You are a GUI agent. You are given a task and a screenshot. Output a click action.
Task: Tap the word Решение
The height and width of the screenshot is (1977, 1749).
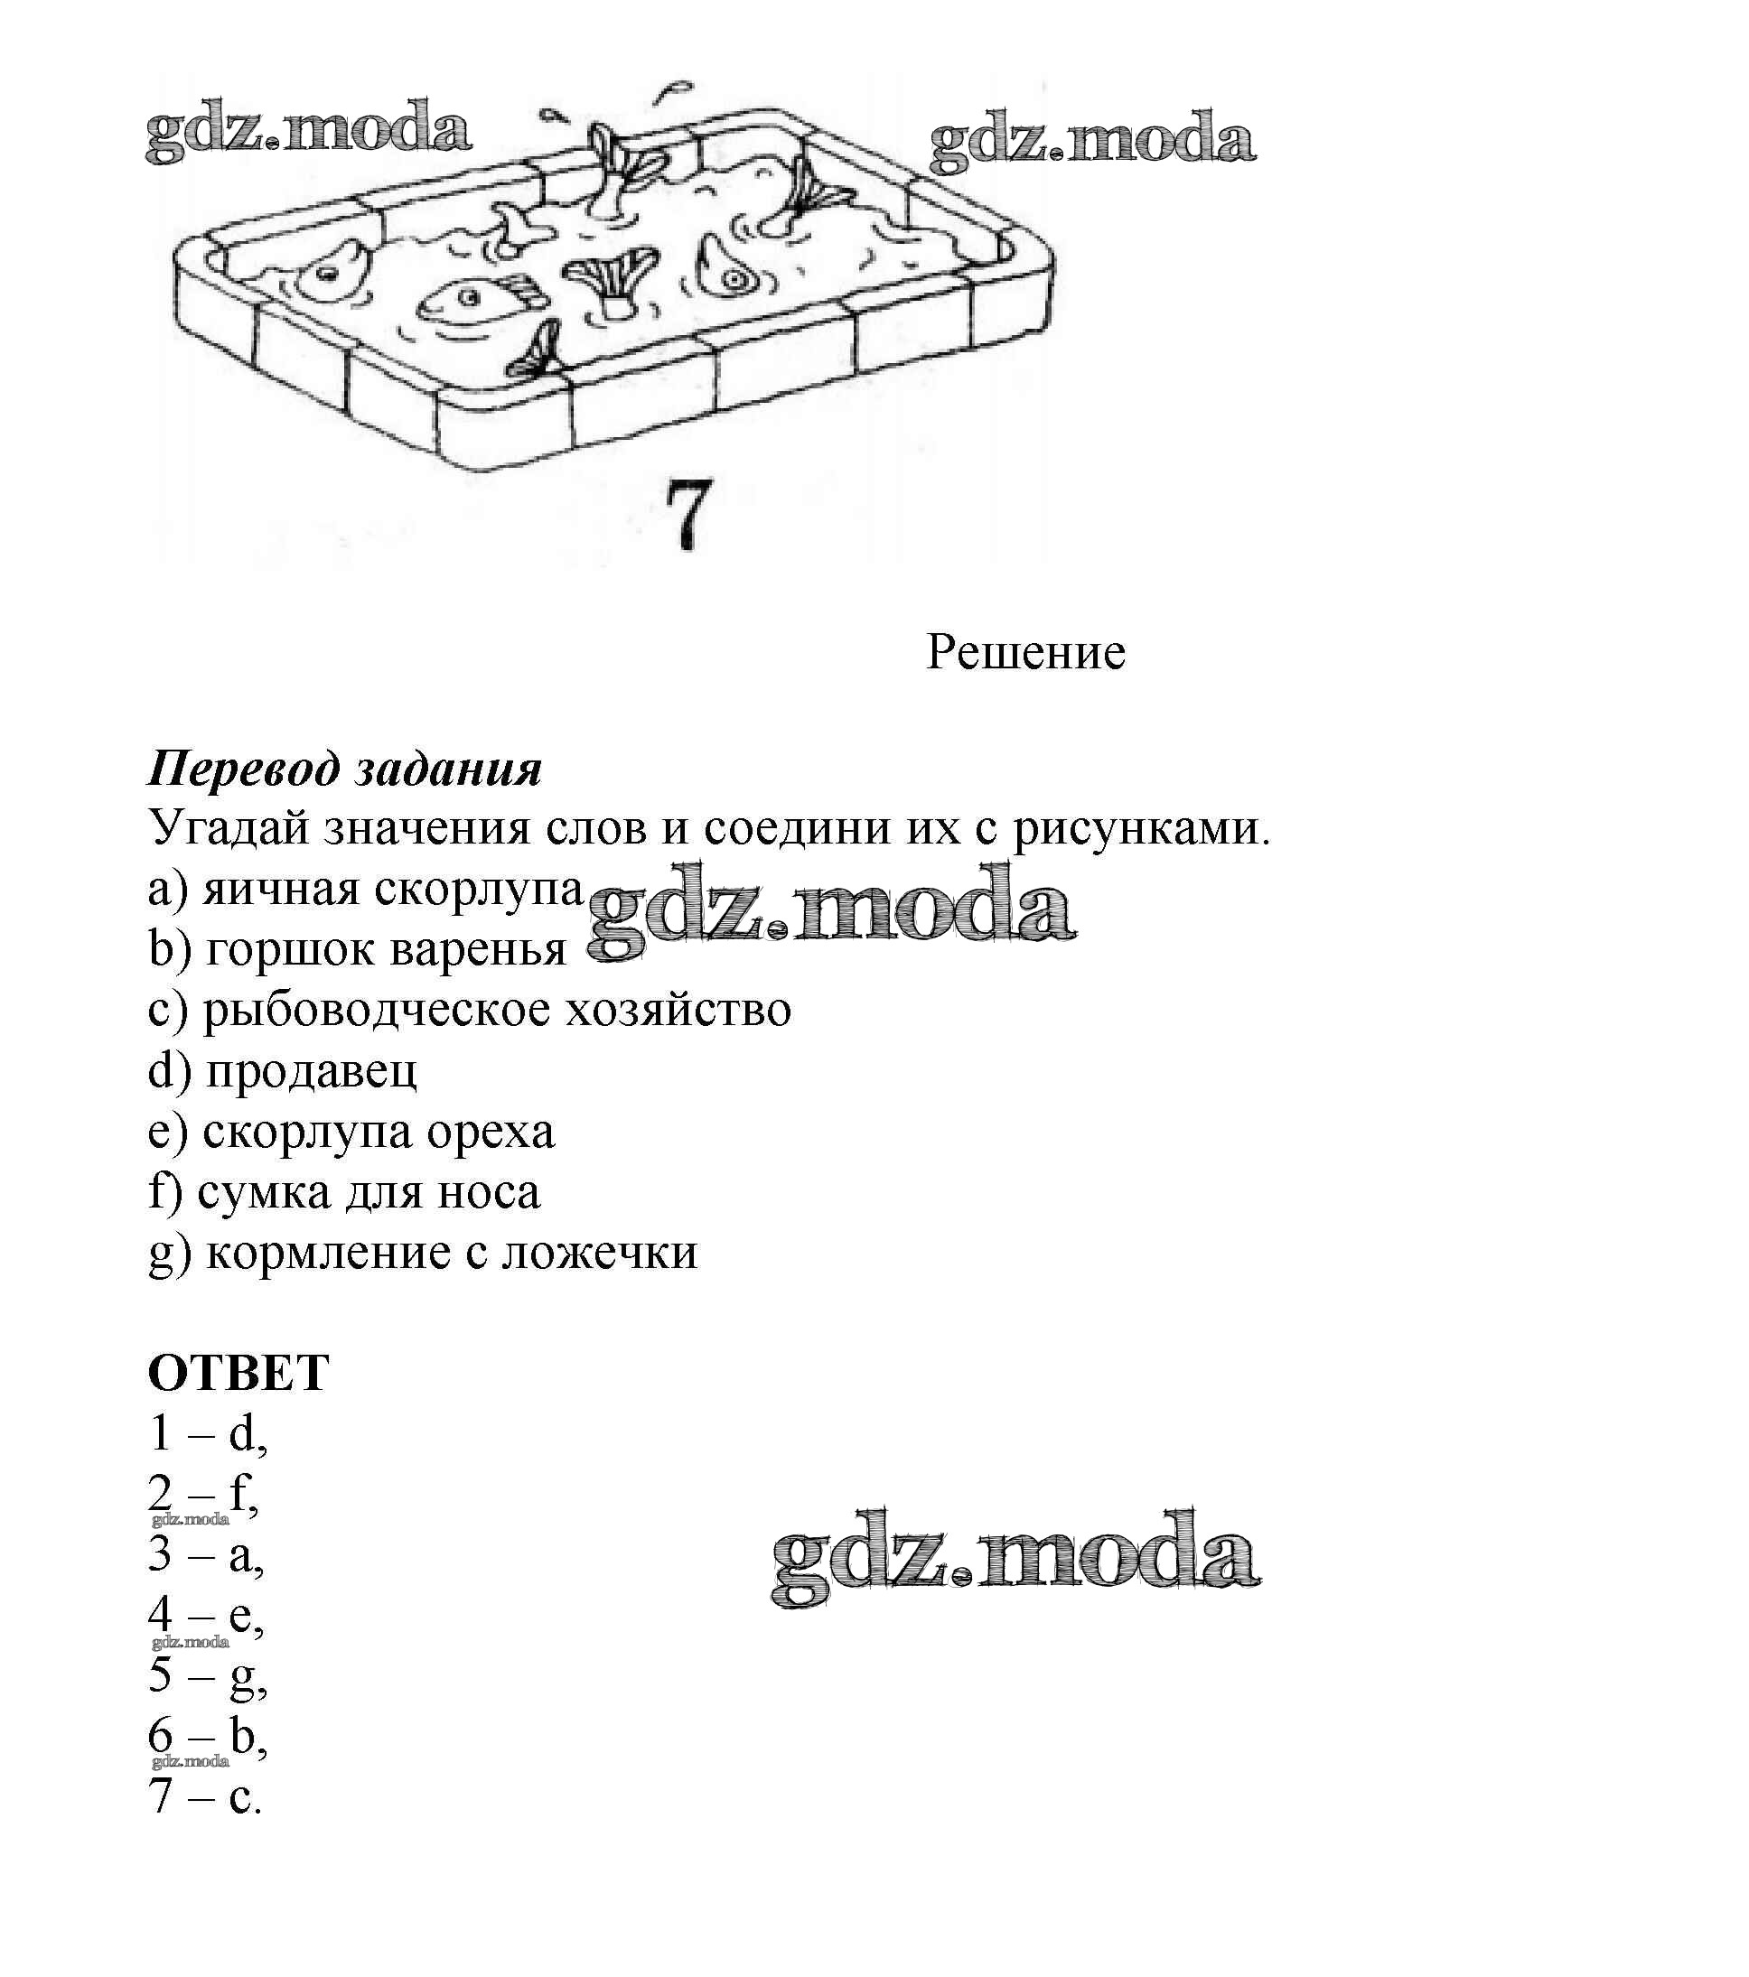tap(1025, 653)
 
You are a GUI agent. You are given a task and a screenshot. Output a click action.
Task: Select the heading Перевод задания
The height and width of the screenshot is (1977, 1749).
tap(344, 769)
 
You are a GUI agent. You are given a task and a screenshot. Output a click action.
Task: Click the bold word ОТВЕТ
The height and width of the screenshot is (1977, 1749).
tap(238, 1373)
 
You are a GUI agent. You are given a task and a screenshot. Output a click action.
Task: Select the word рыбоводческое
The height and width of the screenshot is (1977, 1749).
tap(377, 1010)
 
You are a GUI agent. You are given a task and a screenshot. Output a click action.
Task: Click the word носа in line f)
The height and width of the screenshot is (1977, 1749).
tap(489, 1191)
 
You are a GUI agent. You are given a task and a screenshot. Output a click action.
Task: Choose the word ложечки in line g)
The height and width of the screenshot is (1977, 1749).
tap(600, 1253)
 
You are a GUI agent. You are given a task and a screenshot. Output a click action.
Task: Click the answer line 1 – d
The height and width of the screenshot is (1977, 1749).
tap(207, 1433)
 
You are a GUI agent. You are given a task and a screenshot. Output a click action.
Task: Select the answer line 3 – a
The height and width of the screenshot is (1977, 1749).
tap(206, 1554)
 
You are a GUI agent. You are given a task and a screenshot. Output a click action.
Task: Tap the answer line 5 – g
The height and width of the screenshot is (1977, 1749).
tap(207, 1675)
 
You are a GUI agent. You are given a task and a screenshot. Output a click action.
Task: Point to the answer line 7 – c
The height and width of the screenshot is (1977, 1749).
tap(205, 1796)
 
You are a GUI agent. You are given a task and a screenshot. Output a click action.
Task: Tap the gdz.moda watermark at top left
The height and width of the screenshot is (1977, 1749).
tap(308, 131)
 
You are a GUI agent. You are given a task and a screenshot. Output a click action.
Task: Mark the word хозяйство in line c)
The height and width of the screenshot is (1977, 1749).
tap(678, 1010)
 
